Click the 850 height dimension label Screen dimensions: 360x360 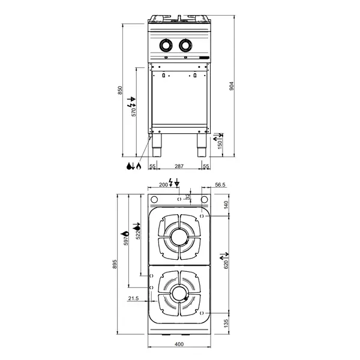120,90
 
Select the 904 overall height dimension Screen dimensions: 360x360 231,86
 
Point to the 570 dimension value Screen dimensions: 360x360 134,110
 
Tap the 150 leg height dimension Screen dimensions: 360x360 220,145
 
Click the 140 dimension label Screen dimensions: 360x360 226,205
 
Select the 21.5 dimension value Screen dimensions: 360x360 133,298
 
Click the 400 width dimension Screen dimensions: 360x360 179,344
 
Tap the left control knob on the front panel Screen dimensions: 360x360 166,44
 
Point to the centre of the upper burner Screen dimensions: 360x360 179,236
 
